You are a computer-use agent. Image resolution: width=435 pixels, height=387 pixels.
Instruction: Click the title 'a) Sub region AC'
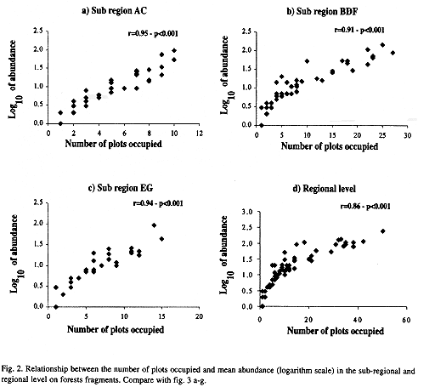coord(115,11)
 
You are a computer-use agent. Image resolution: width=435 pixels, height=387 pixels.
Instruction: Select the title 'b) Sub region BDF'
coord(322,11)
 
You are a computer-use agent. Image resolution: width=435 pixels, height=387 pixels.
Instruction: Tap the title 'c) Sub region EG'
coord(121,188)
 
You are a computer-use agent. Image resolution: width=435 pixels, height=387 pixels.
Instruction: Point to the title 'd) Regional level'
coord(324,189)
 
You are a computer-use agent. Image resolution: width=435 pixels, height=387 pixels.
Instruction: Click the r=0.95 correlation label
coord(153,33)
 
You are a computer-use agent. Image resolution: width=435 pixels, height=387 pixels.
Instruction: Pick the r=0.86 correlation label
coord(365,206)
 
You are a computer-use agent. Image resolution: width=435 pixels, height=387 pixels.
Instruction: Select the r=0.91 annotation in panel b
coord(359,30)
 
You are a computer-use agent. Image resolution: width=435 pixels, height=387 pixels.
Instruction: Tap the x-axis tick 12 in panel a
coord(200,133)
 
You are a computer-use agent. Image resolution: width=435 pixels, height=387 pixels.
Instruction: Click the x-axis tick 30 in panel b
coord(407,135)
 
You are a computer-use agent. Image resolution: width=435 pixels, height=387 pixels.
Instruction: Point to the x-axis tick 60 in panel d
coord(406,320)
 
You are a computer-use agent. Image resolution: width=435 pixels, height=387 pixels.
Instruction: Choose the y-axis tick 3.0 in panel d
coord(247,212)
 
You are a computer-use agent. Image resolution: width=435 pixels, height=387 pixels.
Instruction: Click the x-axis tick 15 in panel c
coord(161,316)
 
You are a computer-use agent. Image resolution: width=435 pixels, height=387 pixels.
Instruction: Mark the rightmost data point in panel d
coord(383,231)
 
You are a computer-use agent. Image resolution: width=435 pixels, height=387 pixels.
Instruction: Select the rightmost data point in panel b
coord(393,53)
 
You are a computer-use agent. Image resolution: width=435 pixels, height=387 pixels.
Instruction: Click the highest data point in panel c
coord(154,225)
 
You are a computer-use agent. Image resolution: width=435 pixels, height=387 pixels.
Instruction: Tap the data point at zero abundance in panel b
coord(262,125)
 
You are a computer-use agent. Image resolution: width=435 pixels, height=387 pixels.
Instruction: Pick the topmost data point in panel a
coord(174,50)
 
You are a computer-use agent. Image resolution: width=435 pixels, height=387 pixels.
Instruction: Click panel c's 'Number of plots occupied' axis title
coord(116,329)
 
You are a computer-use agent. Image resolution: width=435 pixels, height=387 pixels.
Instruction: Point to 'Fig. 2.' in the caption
coord(12,369)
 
